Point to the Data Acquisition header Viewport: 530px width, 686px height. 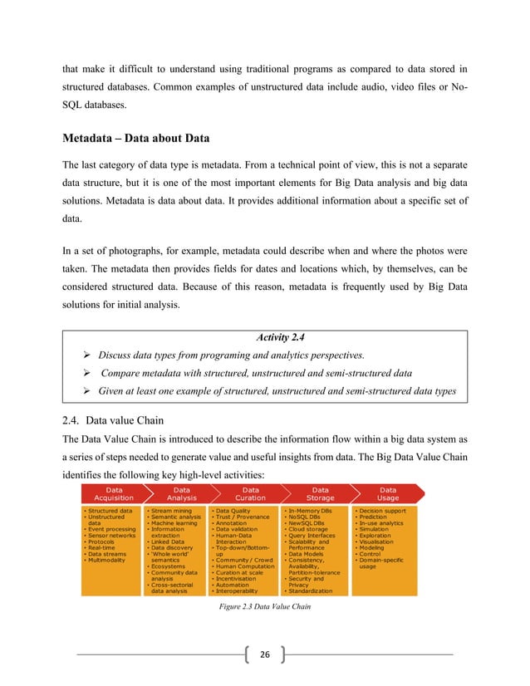[113, 494]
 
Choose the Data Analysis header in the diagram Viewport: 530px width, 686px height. [182, 494]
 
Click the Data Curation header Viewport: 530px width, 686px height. [250, 494]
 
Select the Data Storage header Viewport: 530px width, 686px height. [320, 494]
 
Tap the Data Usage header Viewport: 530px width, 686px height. [388, 494]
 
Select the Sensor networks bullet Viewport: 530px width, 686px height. [110, 536]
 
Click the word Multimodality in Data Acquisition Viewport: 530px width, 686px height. [111, 561]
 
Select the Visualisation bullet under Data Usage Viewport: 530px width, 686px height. [379, 541]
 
